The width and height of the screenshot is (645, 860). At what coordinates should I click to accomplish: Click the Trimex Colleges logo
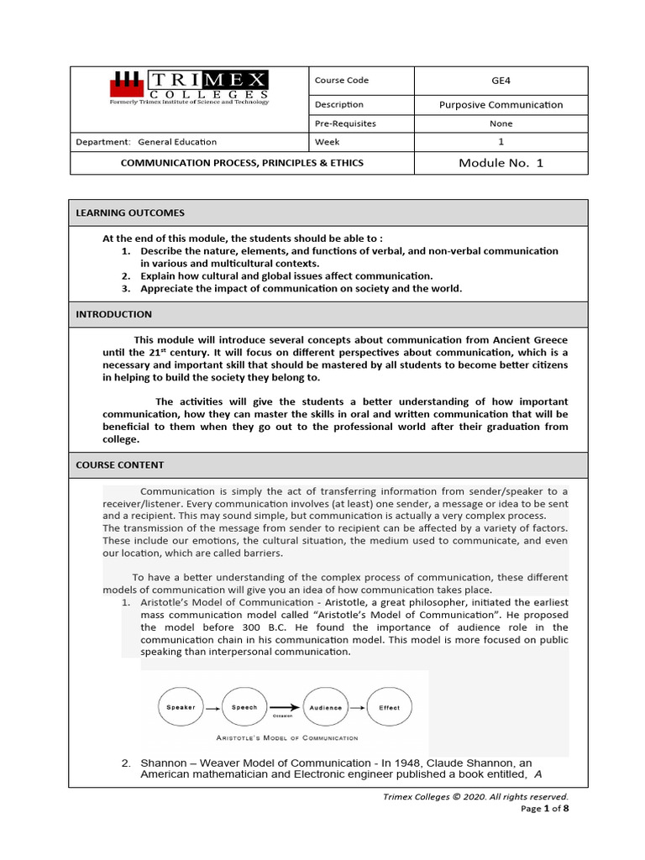(x=189, y=87)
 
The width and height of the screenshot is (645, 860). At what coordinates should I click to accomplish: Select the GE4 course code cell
(x=501, y=81)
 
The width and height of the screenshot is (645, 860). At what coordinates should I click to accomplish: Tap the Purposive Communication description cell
(x=501, y=105)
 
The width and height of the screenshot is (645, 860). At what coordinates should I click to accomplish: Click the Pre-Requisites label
(x=345, y=123)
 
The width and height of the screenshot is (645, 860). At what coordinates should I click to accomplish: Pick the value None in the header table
(x=501, y=123)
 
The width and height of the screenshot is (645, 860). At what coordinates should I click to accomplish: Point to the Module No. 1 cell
(x=501, y=163)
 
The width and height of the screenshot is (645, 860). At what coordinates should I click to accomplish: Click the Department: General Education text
(x=146, y=142)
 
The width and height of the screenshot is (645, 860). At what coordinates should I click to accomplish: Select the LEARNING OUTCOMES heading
(x=130, y=213)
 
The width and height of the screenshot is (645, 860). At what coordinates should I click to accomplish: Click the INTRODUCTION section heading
(x=114, y=314)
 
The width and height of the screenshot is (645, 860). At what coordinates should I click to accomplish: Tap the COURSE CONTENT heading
(x=120, y=464)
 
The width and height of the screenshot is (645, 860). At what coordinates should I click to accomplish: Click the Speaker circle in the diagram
(x=181, y=707)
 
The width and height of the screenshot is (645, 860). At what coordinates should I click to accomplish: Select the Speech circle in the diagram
(x=244, y=707)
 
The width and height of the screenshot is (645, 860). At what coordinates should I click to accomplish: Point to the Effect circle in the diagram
(x=389, y=707)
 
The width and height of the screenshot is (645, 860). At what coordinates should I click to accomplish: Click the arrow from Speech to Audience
(x=284, y=707)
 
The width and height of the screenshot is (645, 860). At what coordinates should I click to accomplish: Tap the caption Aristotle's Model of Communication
(x=286, y=738)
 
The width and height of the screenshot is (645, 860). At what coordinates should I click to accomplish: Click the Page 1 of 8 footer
(x=544, y=809)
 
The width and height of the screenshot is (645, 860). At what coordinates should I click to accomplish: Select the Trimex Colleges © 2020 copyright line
(x=475, y=796)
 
